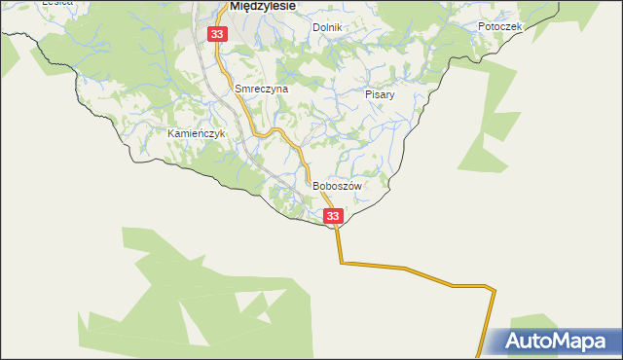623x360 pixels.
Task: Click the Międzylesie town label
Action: pos(263,5)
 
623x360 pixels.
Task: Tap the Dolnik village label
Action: pos(327,27)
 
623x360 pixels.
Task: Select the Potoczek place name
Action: pos(500,26)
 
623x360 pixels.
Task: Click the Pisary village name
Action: pos(380,95)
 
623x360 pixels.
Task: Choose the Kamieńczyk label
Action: pos(197,132)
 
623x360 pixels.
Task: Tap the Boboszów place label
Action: pos(337,186)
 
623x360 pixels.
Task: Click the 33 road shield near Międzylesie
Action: pos(216,34)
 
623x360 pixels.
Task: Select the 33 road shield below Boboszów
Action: pos(333,216)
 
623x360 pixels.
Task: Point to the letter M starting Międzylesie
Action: pos(235,5)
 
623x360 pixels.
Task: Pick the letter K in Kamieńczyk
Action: pos(171,132)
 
